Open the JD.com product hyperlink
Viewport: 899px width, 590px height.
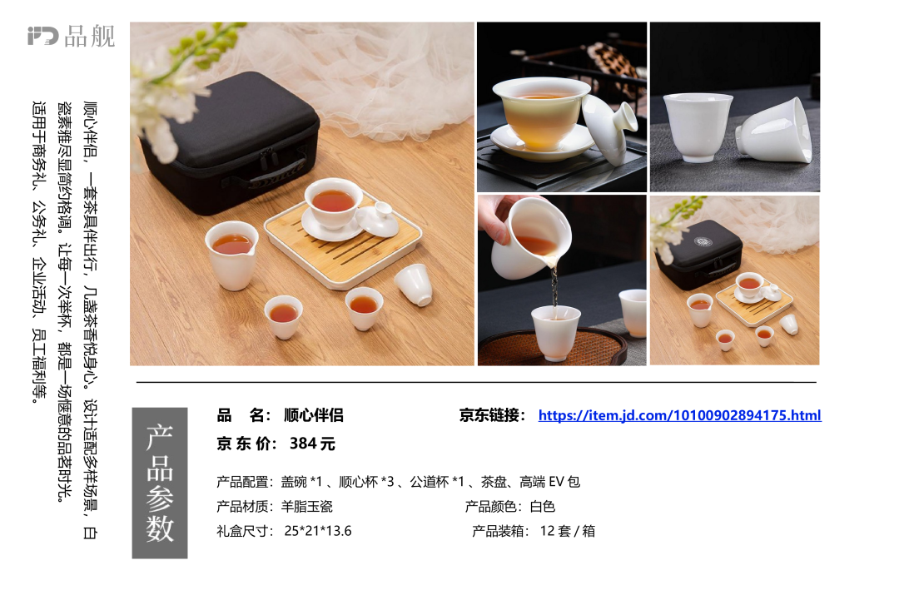click(x=679, y=415)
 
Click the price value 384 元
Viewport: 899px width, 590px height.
click(x=312, y=444)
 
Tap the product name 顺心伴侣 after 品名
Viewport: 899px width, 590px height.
click(x=314, y=415)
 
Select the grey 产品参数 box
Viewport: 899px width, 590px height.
click(x=159, y=483)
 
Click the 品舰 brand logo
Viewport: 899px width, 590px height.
click(x=71, y=36)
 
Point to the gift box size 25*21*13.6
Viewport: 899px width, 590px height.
click(x=318, y=531)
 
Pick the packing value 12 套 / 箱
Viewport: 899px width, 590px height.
click(x=567, y=531)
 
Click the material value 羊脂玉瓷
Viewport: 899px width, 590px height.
click(x=306, y=506)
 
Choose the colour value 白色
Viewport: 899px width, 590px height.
click(x=543, y=506)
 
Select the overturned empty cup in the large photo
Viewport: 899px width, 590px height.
click(x=414, y=285)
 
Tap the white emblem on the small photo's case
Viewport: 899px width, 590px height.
click(x=703, y=241)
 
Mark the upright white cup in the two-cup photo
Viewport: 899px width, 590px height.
click(x=698, y=127)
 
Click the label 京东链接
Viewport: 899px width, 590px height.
click(x=492, y=415)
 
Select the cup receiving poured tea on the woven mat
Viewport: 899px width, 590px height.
click(x=555, y=333)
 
